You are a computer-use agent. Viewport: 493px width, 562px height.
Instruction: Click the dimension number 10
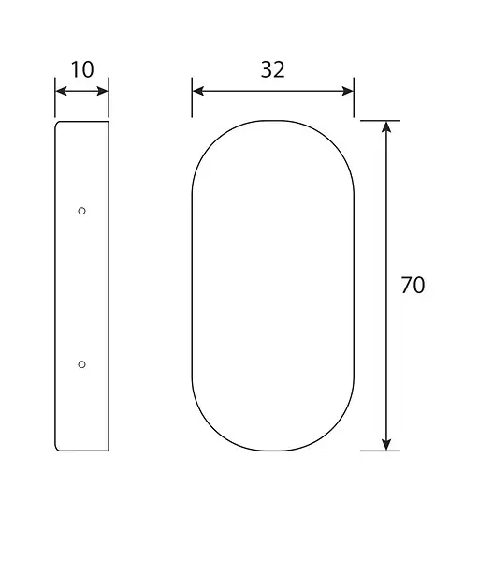point(82,69)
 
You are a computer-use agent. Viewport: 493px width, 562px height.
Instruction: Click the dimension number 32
point(273,69)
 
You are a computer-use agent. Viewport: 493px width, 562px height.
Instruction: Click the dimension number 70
point(413,286)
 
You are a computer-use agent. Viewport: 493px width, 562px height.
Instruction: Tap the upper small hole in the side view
point(81,211)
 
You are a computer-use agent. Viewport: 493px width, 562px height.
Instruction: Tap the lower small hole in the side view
point(81,364)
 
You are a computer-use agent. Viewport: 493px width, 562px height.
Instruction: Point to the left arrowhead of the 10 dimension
point(61,91)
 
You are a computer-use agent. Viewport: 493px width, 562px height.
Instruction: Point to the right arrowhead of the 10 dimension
point(103,91)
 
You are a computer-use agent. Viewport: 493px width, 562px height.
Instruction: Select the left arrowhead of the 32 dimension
point(198,91)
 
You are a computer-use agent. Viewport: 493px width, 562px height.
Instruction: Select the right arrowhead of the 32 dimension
point(348,91)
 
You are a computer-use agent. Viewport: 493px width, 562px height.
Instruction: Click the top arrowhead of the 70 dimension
point(386,126)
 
